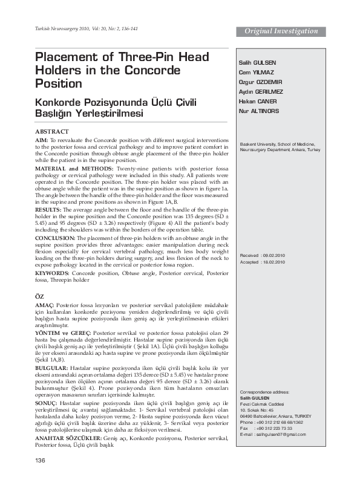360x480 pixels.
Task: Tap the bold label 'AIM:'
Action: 42,139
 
